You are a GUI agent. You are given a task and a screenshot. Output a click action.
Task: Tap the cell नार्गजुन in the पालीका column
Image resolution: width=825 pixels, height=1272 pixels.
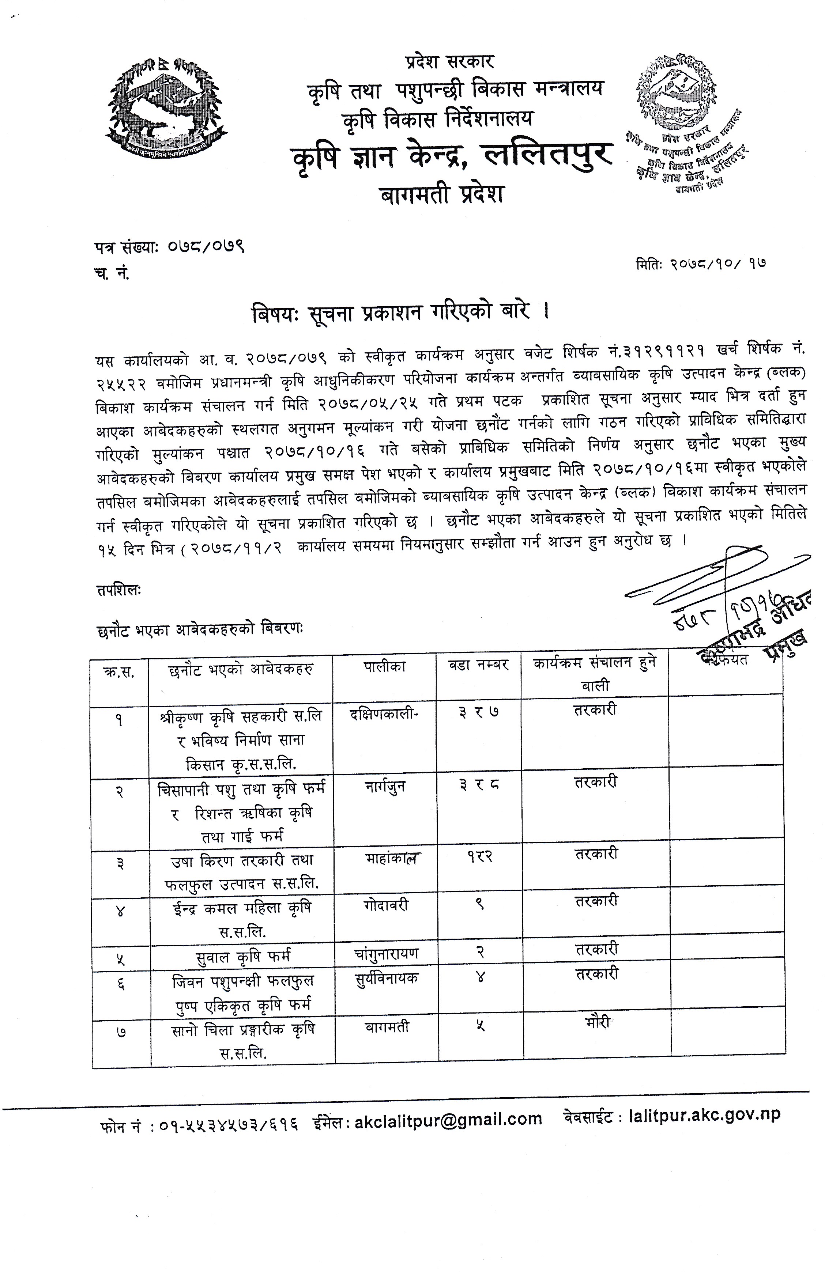pos(384,787)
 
